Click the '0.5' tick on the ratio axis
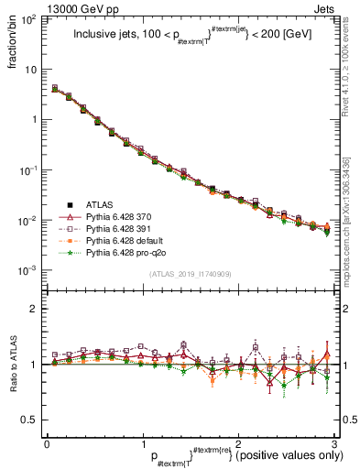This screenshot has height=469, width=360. click(x=29, y=420)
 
